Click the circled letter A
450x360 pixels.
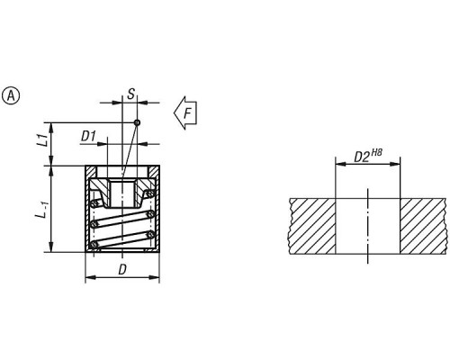tap(11, 96)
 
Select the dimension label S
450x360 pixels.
tap(131, 94)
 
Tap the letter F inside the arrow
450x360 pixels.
tap(188, 113)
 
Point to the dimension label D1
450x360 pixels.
tap(88, 137)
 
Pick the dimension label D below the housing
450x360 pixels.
tap(122, 270)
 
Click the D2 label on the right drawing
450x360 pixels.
tap(362, 157)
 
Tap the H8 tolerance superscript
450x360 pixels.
tap(376, 153)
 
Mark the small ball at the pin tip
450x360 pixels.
tap(137, 122)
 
